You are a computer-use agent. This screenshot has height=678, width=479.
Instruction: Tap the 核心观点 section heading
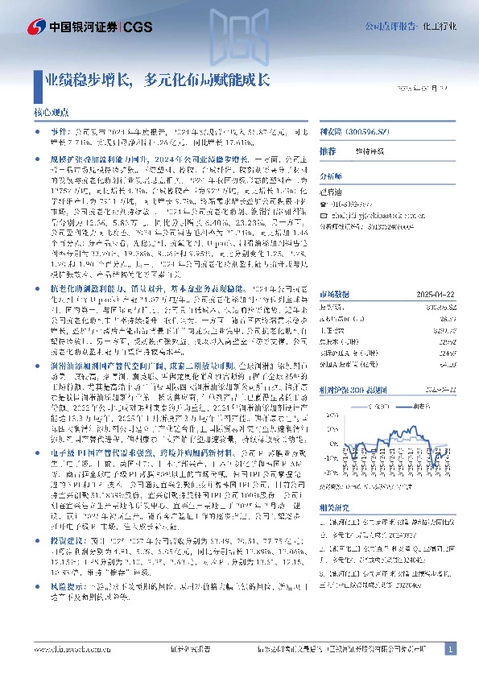pos(52,114)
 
